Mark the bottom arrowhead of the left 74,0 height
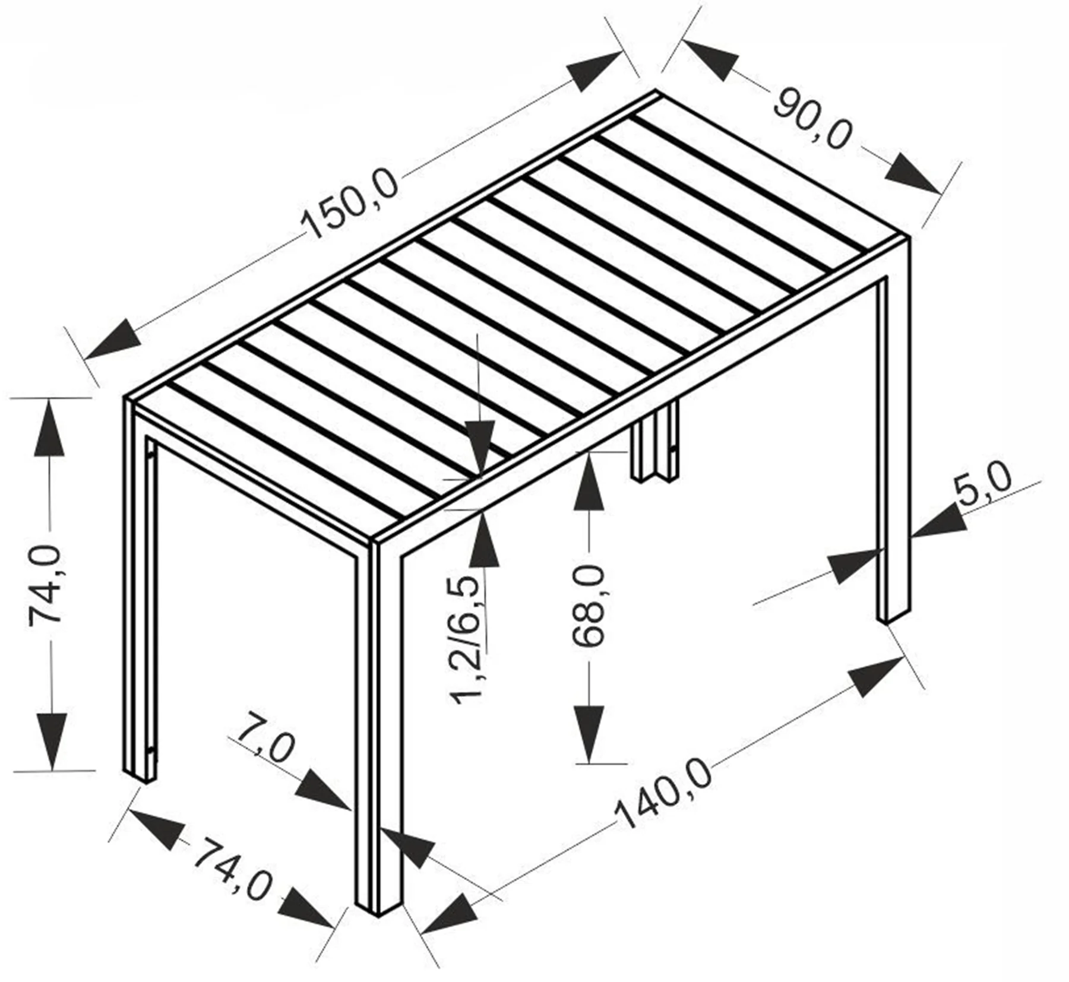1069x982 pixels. (x=51, y=742)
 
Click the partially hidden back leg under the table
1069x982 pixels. (x=654, y=443)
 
